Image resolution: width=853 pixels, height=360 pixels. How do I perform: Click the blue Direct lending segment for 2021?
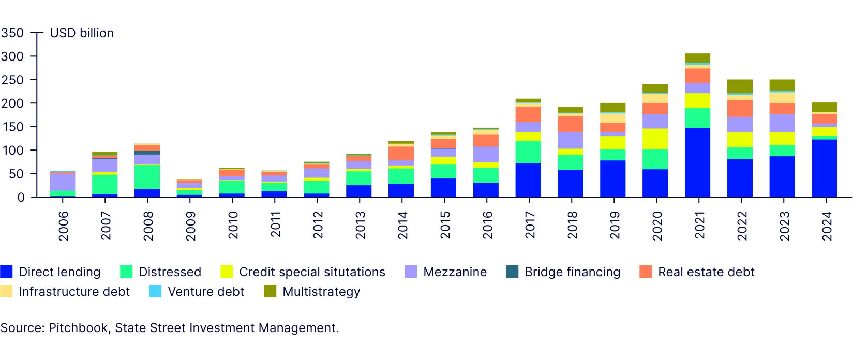tap(697, 162)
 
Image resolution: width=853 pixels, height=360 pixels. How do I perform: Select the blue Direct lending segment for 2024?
tap(825, 168)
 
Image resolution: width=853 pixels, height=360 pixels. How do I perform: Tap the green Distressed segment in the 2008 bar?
tap(147, 177)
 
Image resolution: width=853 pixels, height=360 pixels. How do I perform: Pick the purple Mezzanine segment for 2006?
tap(63, 182)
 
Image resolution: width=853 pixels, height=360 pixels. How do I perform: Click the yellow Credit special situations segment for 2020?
tap(655, 139)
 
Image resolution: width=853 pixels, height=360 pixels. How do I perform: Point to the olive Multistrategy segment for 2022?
tap(740, 86)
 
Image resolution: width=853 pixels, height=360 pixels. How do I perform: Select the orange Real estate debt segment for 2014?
tap(401, 154)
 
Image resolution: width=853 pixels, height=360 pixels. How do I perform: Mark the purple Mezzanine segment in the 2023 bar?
tap(782, 123)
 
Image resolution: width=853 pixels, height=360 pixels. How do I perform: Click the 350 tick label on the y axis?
tap(12, 33)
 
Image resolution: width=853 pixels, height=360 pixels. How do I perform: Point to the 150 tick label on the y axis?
tap(12, 127)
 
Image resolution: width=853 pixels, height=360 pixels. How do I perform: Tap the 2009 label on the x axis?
tap(190, 226)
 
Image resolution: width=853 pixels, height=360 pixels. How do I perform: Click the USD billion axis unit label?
tap(82, 33)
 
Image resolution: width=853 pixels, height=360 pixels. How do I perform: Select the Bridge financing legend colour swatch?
tap(512, 272)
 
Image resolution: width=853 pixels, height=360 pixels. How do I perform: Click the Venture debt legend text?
tap(206, 292)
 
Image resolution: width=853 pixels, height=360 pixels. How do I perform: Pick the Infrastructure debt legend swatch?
tap(6, 292)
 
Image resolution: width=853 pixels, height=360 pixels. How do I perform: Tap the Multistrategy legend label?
tap(321, 292)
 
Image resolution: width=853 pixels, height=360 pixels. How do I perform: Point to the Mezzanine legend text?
tap(455, 272)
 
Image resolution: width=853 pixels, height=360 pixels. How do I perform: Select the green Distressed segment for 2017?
tap(528, 152)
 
